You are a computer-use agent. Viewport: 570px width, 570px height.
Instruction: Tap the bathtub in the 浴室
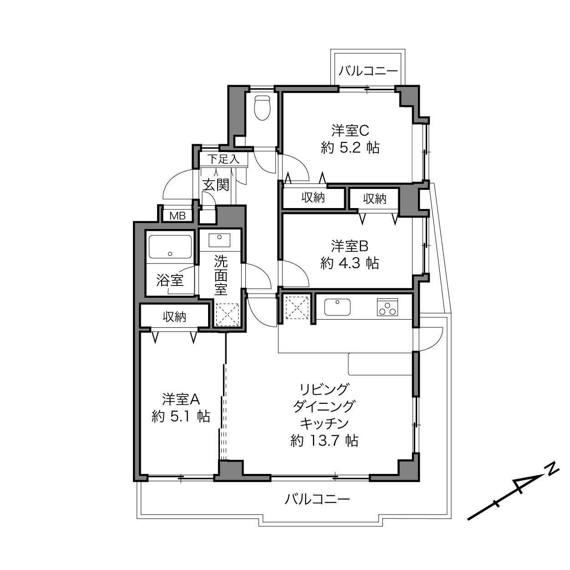[170, 247]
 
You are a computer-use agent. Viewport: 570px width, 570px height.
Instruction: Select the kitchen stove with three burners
[387, 307]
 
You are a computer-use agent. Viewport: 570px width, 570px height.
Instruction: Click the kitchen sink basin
[337, 307]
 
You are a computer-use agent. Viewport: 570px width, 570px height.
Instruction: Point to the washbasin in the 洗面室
[219, 240]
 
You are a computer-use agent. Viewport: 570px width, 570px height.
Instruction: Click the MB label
[177, 216]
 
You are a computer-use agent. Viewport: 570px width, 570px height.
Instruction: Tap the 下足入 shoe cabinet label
[224, 159]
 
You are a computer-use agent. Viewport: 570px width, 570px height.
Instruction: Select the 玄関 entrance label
[216, 185]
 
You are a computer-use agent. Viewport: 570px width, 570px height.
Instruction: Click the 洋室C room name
[350, 131]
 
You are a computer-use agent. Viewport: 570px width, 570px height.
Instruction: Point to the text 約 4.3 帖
[350, 263]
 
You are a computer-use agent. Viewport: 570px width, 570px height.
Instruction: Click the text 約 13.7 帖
[325, 441]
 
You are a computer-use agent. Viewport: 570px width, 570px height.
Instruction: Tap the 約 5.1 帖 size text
[181, 417]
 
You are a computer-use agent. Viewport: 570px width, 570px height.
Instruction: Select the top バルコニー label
[368, 71]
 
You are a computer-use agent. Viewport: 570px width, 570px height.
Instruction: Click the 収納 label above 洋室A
[174, 317]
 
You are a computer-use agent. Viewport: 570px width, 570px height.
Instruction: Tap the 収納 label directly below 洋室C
[313, 197]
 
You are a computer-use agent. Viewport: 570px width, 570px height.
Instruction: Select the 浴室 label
[170, 280]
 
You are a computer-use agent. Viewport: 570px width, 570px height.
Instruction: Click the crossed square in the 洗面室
[227, 315]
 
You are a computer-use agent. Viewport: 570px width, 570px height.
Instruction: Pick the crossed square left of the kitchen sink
[297, 308]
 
